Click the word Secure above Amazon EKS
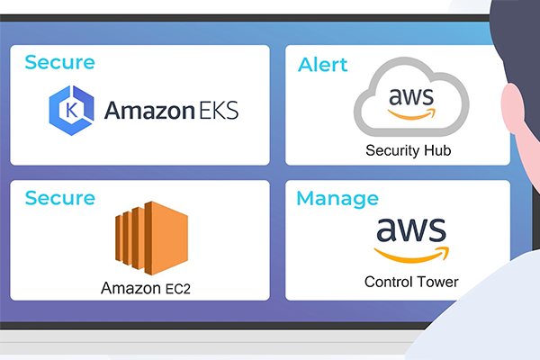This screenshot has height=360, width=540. point(59,62)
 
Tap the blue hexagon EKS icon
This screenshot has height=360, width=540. point(72,110)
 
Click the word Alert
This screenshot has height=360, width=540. point(322,66)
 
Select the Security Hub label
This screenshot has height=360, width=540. point(408,150)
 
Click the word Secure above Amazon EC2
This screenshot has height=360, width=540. point(59,197)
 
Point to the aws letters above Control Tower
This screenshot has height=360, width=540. point(410,232)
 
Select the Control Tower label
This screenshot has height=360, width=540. point(410,282)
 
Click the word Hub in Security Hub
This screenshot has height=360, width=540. point(436,150)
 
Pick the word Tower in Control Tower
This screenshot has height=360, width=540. point(437,282)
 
